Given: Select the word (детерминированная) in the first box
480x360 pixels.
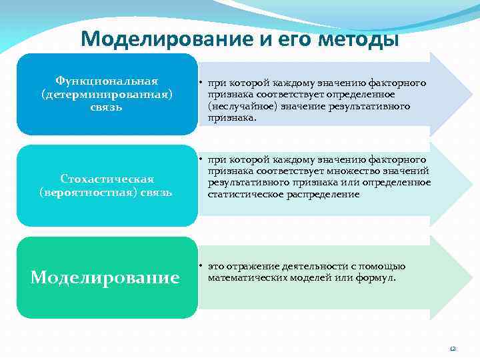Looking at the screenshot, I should coord(107,94).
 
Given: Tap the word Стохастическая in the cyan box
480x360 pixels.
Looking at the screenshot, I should coord(107,179).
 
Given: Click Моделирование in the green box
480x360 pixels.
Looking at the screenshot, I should coord(105,277).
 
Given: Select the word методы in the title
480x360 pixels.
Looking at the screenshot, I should coord(359,39).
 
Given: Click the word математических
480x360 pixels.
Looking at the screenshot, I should coord(243,277).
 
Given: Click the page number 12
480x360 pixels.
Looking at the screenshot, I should coord(452,348).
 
